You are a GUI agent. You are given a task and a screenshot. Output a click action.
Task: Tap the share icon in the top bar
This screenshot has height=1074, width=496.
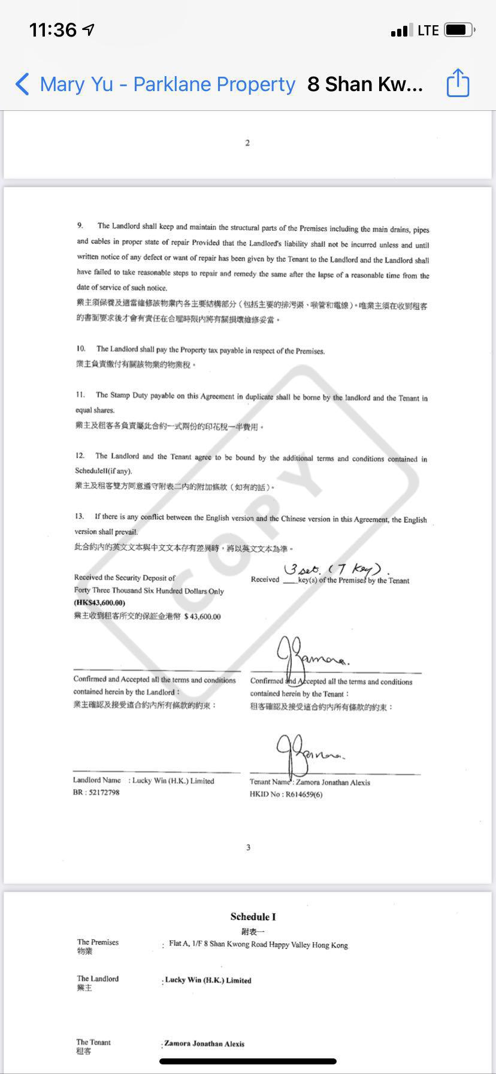click(x=458, y=83)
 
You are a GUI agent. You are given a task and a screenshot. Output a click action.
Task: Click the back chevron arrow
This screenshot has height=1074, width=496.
click(x=22, y=84)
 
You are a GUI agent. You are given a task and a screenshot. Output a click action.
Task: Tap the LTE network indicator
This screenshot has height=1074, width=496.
click(x=428, y=30)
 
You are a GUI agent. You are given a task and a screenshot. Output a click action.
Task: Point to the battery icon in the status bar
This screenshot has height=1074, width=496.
click(x=460, y=30)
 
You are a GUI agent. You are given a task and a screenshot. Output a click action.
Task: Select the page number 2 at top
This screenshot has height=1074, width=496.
click(x=247, y=143)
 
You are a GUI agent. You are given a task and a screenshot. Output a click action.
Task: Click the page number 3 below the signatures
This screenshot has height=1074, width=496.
click(x=248, y=847)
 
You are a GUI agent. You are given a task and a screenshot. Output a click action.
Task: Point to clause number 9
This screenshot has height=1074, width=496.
click(x=80, y=225)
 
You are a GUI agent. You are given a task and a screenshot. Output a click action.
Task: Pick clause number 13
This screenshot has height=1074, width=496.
click(x=79, y=516)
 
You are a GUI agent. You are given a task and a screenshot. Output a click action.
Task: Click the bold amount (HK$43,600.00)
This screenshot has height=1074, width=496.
click(x=99, y=603)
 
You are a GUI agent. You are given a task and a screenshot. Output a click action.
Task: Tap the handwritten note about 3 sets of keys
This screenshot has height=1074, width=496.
click(x=337, y=568)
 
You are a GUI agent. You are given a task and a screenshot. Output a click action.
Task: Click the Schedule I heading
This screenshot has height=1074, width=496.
click(x=253, y=916)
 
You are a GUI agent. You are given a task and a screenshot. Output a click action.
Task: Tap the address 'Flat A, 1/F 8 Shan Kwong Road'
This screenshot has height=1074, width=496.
click(x=258, y=945)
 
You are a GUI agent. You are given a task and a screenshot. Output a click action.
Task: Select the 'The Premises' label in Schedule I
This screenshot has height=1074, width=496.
click(x=98, y=942)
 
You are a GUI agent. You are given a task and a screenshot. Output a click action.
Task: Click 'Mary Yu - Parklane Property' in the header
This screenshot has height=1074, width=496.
click(x=167, y=85)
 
